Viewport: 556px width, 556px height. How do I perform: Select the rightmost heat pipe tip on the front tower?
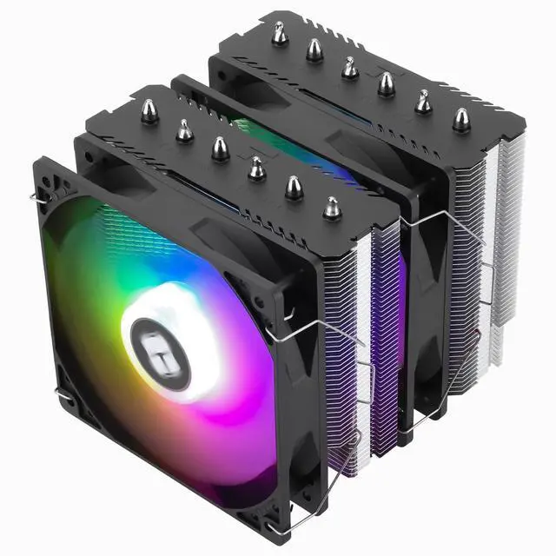click(x=331, y=207)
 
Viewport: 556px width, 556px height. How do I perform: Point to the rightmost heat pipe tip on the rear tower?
click(x=461, y=120)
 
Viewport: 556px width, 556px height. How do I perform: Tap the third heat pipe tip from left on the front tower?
click(x=221, y=148)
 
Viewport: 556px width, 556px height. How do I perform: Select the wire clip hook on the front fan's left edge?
click(x=63, y=400)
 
